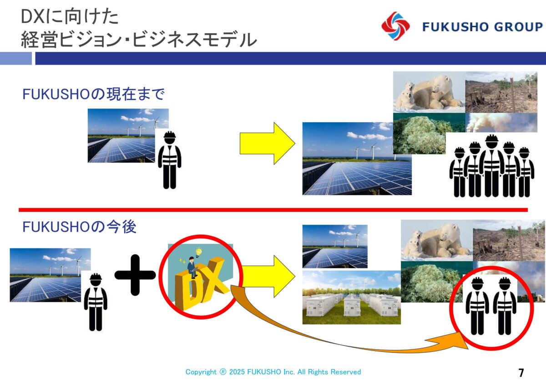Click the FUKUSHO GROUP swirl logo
pos(395,26)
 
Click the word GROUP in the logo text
pos(519,27)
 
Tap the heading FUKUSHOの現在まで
pos(93,94)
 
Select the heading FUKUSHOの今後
pos(79,227)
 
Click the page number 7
pos(521,373)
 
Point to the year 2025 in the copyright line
pos(237,372)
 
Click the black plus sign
pos(135,275)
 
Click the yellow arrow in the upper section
pos(268,143)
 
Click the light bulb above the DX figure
pos(199,252)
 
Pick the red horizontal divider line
pos(273,210)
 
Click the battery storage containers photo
pos(351,297)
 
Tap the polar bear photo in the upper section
pos(429,92)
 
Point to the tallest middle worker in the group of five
pos(492,165)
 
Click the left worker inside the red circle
pos(477,306)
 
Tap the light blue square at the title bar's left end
pos(16,58)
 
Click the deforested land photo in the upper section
pos(501,92)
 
